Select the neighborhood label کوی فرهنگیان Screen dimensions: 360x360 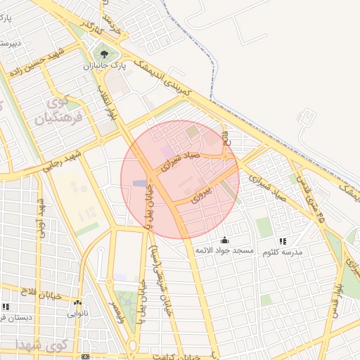point(59,109)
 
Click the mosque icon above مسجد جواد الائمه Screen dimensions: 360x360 point(225,240)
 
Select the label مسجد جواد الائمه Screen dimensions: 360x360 point(224,251)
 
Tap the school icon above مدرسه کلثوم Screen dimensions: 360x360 point(283,241)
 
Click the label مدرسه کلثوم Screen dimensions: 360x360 point(283,252)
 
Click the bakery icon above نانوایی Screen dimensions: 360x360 point(77,303)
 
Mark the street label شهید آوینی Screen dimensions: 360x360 point(44,218)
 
